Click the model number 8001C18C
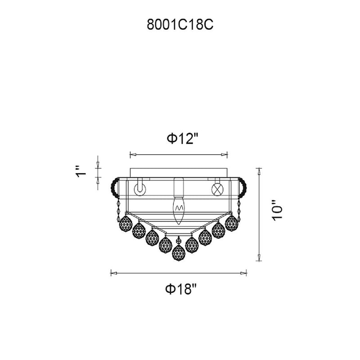(180, 25)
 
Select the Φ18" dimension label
(181, 289)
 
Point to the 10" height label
(277, 211)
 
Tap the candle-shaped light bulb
(178, 211)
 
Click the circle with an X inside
(217, 189)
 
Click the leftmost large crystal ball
(126, 223)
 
